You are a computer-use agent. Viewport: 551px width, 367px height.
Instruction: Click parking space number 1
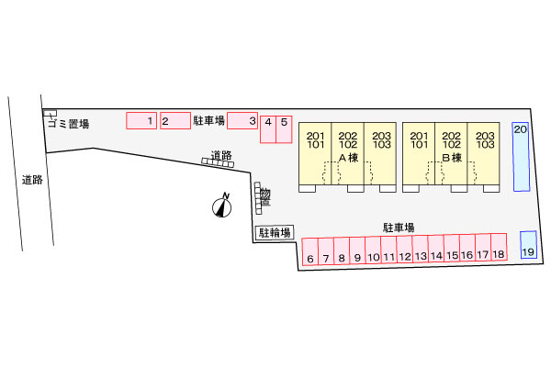point(141,120)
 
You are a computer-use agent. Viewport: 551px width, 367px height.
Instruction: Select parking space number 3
point(242,120)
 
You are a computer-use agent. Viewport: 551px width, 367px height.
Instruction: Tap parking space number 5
point(284,129)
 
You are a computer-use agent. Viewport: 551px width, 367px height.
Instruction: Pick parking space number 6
point(310,251)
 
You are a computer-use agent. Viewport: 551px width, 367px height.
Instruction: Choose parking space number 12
point(404,249)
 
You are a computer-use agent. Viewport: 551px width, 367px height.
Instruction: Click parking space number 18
point(499,247)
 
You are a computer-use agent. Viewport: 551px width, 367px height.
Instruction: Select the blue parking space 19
point(528,245)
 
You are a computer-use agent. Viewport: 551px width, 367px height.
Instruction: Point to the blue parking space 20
point(521,157)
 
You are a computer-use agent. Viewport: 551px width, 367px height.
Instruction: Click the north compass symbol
point(221,206)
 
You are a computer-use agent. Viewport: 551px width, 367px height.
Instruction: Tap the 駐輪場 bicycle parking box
point(275,232)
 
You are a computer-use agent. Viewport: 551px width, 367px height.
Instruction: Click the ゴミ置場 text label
point(69,124)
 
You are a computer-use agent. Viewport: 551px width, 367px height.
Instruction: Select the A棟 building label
point(348,158)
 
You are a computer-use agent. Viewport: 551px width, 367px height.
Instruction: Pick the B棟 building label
point(452,158)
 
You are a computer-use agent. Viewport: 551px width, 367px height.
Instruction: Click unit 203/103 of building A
point(380,153)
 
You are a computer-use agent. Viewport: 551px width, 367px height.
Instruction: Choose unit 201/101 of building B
point(419,153)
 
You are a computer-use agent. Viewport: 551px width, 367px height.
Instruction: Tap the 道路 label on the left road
point(32,180)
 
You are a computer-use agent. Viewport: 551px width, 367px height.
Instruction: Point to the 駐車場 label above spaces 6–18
point(399,228)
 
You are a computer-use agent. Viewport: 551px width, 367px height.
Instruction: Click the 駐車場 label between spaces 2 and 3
point(208,121)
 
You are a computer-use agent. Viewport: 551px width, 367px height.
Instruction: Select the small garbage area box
point(50,113)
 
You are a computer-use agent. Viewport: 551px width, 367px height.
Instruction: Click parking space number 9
point(357,250)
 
